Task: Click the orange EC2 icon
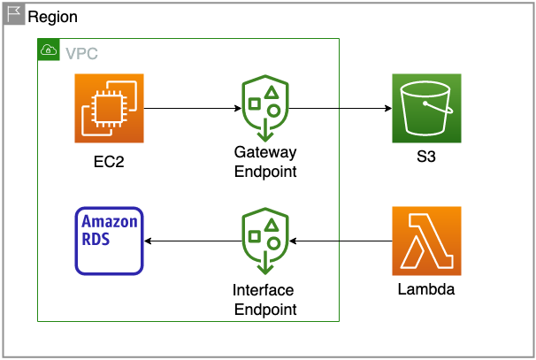click(109, 108)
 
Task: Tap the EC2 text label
click(109, 162)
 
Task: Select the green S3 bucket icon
click(426, 108)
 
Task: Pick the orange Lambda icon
click(426, 241)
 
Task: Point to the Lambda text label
click(426, 290)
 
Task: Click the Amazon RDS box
click(109, 241)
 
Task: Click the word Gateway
click(264, 154)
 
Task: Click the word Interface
click(263, 290)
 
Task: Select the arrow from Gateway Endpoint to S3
click(340, 109)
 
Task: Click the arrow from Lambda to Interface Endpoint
click(341, 241)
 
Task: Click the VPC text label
click(81, 53)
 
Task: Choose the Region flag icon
click(15, 15)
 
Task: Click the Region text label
click(52, 17)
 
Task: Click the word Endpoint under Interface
click(264, 309)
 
